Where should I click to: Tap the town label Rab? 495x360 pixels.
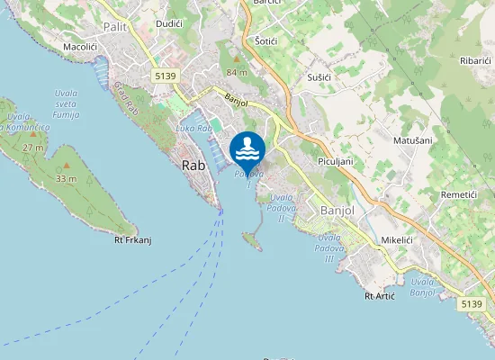pyautogui.click(x=194, y=165)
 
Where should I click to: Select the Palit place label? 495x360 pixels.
pyautogui.click(x=114, y=26)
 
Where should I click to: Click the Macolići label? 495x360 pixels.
pyautogui.click(x=80, y=45)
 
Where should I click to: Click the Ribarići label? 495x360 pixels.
pyautogui.click(x=474, y=59)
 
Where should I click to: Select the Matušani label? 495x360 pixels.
pyautogui.click(x=412, y=141)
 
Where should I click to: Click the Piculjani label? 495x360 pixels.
pyautogui.click(x=335, y=160)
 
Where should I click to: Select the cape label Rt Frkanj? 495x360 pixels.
pyautogui.click(x=131, y=239)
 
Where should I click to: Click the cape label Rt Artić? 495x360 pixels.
pyautogui.click(x=380, y=295)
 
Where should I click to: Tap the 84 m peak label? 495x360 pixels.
pyautogui.click(x=237, y=72)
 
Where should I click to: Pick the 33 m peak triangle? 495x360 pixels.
pyautogui.click(x=65, y=166)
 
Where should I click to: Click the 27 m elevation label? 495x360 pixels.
pyautogui.click(x=33, y=147)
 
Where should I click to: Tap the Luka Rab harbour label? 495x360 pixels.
pyautogui.click(x=193, y=129)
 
